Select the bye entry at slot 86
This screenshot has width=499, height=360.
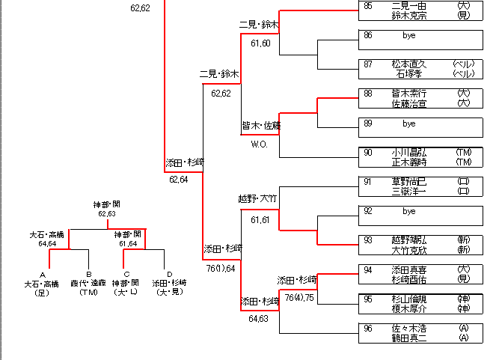408,35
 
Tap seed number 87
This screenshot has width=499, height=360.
368,64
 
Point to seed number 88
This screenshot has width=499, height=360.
368,94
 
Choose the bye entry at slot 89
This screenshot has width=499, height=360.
408,123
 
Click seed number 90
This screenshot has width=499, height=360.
368,152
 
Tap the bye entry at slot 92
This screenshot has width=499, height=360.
408,211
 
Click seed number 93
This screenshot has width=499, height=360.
368,240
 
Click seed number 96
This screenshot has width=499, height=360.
368,328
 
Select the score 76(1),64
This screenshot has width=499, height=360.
221,268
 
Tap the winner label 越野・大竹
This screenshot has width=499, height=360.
257,198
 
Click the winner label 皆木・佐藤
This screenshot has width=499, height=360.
260,125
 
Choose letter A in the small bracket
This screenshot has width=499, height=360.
42,275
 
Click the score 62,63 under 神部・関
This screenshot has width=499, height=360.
106,214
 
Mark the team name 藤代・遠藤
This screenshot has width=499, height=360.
88,284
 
